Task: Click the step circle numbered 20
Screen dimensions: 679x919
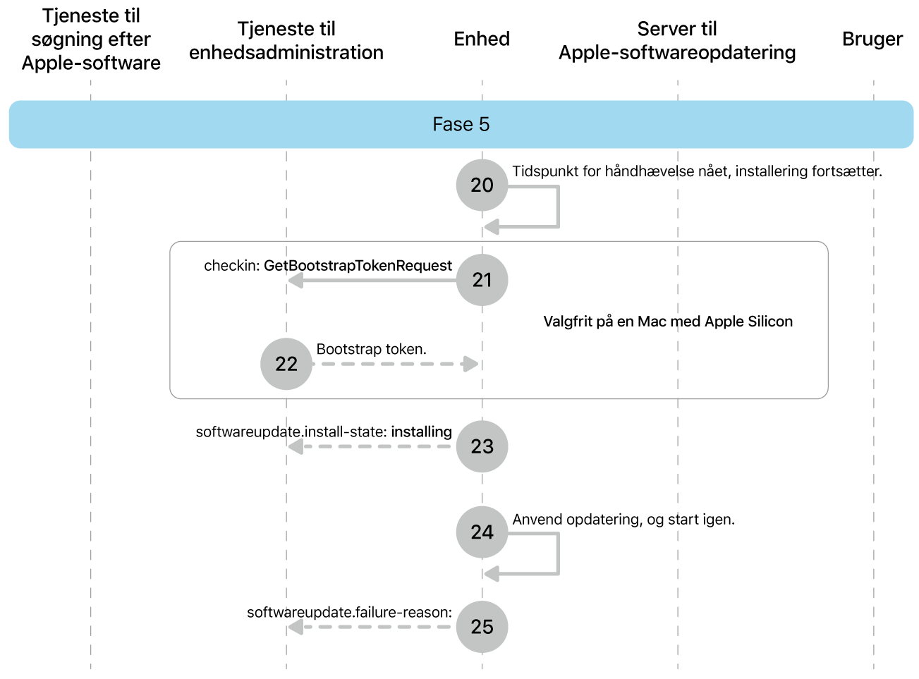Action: [x=482, y=185]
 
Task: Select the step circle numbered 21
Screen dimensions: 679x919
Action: [x=482, y=280]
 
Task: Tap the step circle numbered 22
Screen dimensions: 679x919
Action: [x=286, y=364]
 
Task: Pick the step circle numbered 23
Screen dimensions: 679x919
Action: [x=482, y=446]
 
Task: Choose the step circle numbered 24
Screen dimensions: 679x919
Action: [x=482, y=532]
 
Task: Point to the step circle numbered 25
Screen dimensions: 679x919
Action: [x=482, y=627]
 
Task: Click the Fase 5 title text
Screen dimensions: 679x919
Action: [x=461, y=124]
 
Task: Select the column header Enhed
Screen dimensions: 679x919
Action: [x=482, y=39]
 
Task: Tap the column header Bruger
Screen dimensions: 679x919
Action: [x=872, y=39]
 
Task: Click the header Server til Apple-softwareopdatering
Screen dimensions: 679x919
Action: [x=677, y=41]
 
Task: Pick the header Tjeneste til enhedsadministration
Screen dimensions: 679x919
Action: [x=286, y=41]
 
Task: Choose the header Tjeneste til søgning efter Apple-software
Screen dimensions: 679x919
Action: [x=91, y=39]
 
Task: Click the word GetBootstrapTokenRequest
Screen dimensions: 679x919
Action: [x=358, y=266]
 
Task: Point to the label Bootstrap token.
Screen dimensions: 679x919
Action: [x=371, y=349]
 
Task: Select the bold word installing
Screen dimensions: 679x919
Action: [x=421, y=432]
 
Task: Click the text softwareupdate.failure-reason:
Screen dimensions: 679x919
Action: [x=349, y=612]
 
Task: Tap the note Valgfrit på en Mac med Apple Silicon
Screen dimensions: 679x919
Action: [x=668, y=322]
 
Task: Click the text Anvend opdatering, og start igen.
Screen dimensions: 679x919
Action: [x=623, y=520]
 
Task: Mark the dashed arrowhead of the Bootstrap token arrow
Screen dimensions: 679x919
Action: [x=470, y=364]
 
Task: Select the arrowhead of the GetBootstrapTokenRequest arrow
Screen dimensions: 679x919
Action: [x=296, y=281]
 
